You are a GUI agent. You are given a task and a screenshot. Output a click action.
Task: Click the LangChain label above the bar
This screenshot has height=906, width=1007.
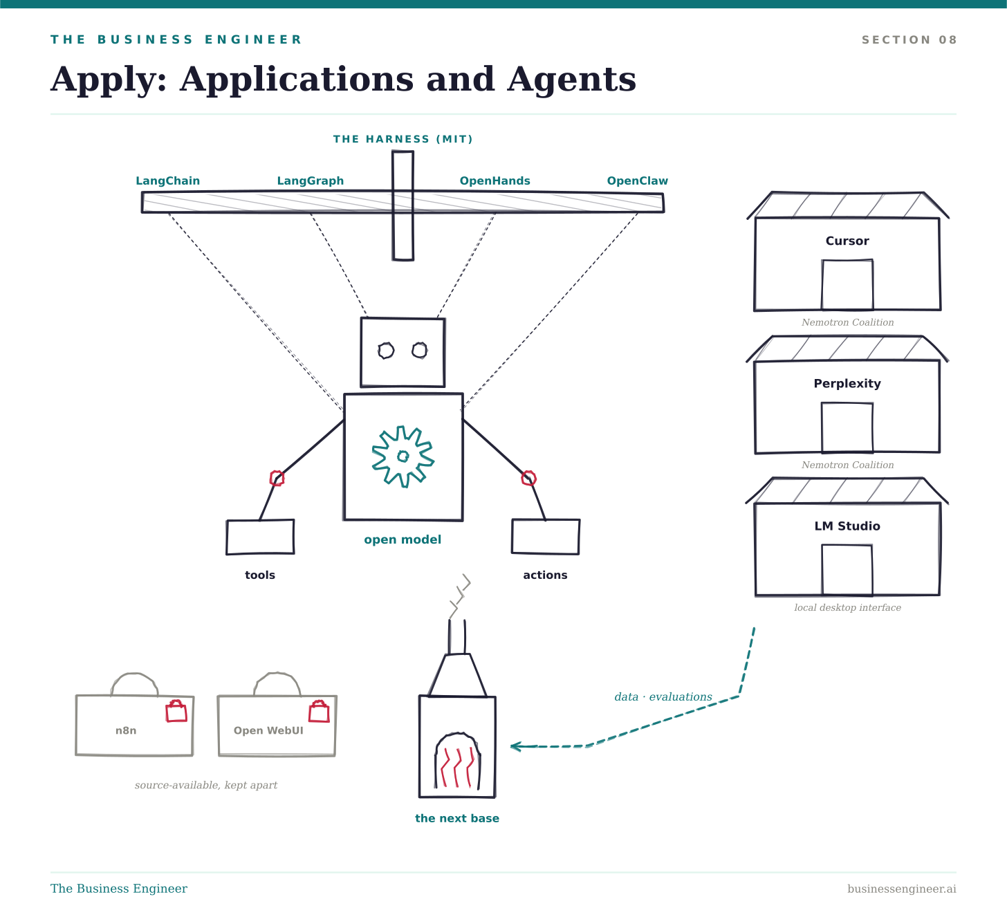tap(167, 181)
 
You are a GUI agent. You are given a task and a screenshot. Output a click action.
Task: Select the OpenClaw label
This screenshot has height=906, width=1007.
tap(637, 181)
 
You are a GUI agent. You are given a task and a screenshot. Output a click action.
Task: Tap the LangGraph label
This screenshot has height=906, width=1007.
tap(311, 181)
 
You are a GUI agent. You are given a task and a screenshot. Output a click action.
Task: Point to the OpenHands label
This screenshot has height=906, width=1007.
tap(495, 181)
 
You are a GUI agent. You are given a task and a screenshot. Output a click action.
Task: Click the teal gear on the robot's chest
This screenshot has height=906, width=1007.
tap(403, 456)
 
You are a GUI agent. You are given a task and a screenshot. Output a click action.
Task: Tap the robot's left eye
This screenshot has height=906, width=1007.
tap(386, 351)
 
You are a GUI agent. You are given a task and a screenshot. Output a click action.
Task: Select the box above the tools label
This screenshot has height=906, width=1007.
tap(260, 537)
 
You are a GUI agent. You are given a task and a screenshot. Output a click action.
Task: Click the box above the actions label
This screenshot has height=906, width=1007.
tap(546, 537)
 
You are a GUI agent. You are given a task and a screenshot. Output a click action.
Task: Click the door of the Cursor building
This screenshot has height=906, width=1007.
tap(847, 284)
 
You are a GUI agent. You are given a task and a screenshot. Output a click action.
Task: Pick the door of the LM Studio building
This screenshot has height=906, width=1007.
tap(847, 570)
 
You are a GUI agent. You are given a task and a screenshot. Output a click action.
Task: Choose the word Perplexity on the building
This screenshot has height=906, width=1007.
tap(847, 384)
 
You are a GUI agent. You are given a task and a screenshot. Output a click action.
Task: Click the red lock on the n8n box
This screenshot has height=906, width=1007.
tap(176, 711)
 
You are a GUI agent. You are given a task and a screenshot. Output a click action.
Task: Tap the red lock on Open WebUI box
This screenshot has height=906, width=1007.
tap(320, 711)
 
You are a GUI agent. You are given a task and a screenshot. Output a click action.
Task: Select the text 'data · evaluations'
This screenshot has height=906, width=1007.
tap(663, 696)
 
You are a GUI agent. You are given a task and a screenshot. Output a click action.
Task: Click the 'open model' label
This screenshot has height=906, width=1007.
tap(403, 540)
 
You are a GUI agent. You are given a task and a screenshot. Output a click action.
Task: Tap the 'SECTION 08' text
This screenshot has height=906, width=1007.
tap(909, 39)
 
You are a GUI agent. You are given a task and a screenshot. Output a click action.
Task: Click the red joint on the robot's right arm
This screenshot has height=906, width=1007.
tap(528, 478)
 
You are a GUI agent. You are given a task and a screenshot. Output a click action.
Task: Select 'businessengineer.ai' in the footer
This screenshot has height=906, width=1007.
tap(902, 889)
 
